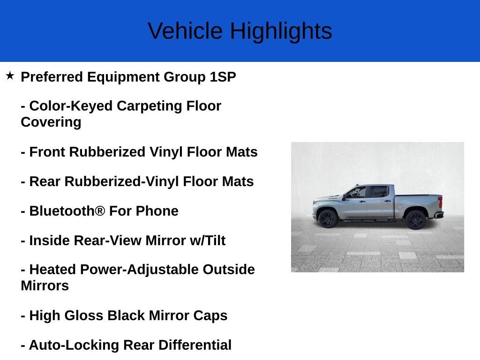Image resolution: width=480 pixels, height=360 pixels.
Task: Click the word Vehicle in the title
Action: (x=185, y=31)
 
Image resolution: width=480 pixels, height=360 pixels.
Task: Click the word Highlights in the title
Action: (x=281, y=32)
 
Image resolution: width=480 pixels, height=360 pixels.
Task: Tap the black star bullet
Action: (x=10, y=75)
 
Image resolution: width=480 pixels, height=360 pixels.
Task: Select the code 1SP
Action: (x=223, y=77)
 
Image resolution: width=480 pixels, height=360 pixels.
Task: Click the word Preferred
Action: (x=52, y=77)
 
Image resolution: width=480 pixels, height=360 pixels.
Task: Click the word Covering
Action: (x=51, y=123)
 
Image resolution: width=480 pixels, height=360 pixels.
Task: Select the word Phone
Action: (x=157, y=211)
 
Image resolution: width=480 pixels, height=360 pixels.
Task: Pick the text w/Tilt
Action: (x=208, y=240)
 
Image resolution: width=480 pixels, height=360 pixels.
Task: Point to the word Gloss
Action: (x=84, y=315)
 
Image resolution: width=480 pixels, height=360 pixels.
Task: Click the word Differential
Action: (x=195, y=345)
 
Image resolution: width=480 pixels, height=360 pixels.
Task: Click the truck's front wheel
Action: (x=328, y=218)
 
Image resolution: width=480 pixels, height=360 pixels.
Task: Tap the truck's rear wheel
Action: (x=415, y=219)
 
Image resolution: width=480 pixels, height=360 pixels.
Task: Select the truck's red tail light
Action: (x=441, y=202)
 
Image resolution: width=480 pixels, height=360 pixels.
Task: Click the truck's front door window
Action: (x=357, y=193)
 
